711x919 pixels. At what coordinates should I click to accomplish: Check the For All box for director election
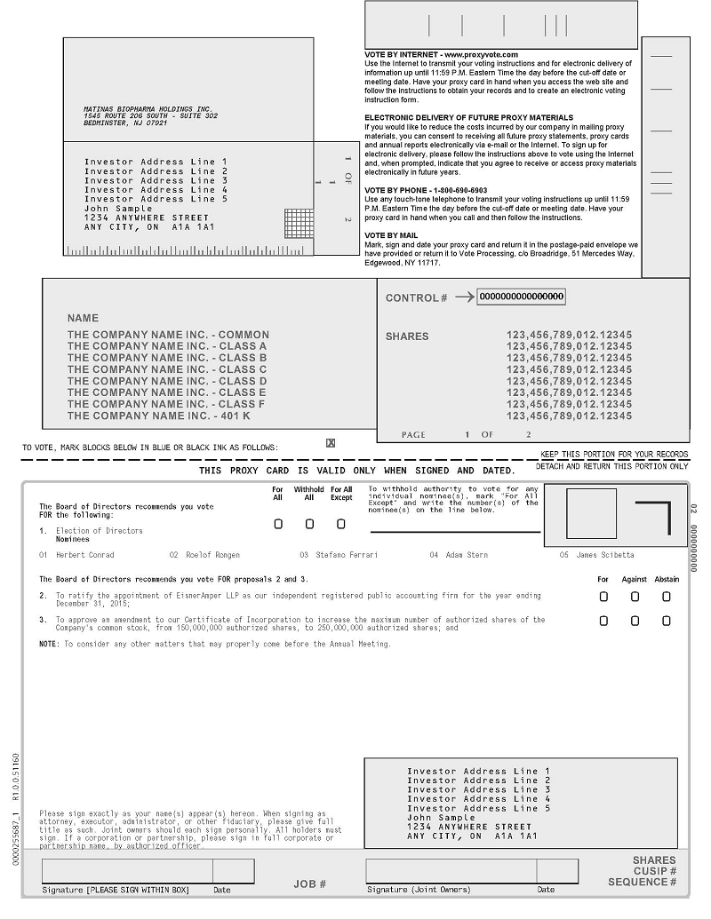point(278,524)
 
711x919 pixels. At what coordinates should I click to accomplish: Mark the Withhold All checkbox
point(309,524)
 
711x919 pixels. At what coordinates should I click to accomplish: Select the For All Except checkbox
point(340,524)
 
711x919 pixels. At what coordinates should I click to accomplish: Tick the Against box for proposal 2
point(635,597)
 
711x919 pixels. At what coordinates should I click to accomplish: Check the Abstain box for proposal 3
point(667,621)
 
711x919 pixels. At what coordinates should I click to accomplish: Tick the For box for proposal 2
point(603,597)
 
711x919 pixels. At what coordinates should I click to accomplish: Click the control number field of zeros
point(522,297)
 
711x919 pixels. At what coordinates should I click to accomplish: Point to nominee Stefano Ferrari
point(346,555)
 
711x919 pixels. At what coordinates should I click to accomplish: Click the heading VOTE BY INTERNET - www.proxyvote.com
point(441,54)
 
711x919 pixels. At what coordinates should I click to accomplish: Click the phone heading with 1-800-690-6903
point(426,190)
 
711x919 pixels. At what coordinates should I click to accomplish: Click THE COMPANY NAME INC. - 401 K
point(159,416)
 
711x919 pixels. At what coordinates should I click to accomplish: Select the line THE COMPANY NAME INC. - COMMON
point(168,335)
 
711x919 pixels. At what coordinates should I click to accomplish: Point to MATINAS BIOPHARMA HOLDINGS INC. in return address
point(148,108)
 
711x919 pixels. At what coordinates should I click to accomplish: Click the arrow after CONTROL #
point(464,297)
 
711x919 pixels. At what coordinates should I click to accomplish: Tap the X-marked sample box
point(331,442)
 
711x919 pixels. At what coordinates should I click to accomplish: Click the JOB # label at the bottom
point(310,883)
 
